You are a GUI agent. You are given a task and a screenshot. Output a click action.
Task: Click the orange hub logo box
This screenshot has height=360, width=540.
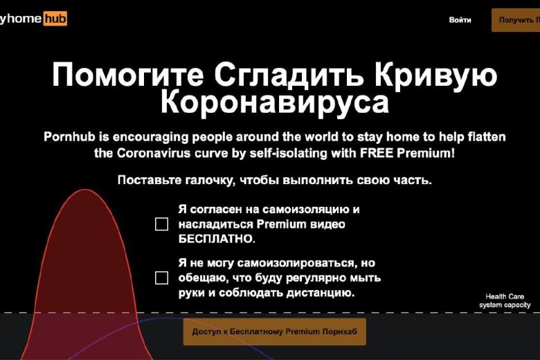pos(55,18)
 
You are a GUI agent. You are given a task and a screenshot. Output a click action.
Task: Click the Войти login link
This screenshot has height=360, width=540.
pos(460,20)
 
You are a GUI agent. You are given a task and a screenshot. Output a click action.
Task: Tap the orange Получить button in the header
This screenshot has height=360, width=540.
pos(516,20)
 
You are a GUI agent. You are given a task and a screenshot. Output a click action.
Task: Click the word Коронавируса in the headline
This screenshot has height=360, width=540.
pos(275,102)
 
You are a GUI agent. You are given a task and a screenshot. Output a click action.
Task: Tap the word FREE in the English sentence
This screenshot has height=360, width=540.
pos(377,152)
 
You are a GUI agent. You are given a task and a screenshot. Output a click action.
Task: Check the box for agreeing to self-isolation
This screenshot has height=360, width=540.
pos(161,224)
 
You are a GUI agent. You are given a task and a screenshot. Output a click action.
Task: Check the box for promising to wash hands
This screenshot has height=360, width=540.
pos(161,278)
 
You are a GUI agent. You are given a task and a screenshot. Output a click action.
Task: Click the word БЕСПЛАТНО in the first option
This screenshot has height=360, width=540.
pos(217,239)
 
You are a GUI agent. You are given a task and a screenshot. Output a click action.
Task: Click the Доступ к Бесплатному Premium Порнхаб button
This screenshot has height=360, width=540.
pos(274,332)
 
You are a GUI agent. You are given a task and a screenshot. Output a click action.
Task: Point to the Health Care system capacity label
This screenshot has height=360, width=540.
pos(505,300)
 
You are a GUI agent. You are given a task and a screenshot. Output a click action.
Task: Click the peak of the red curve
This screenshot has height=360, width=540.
pos(84,190)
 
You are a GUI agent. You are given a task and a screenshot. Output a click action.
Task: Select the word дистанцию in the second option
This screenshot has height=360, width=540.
pos(320,293)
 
